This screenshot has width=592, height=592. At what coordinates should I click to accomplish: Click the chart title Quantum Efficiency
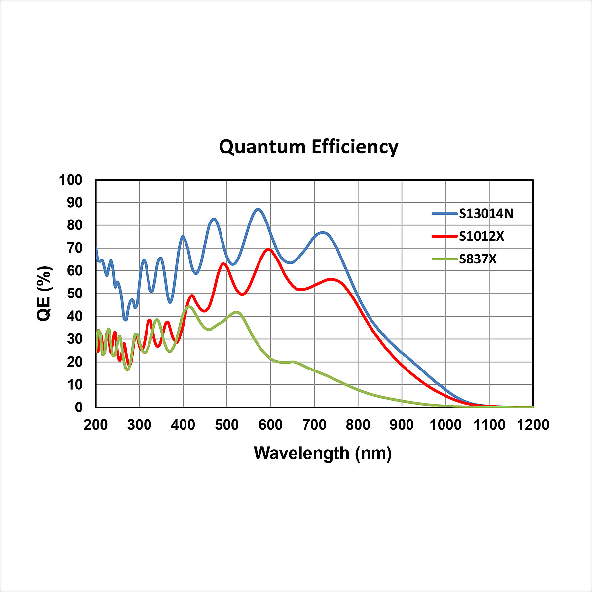[x=308, y=147]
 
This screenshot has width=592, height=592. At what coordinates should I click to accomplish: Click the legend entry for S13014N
[x=486, y=214]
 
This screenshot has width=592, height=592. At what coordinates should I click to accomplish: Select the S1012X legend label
[x=481, y=236]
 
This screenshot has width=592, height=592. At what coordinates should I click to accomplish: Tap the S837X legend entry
[x=478, y=259]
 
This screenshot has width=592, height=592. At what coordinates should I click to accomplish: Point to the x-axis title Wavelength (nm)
[x=323, y=452]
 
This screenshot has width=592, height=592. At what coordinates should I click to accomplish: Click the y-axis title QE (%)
[x=45, y=293]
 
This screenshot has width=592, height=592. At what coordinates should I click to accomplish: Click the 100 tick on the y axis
[x=71, y=180]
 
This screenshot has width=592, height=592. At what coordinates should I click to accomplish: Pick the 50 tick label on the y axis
[x=75, y=294]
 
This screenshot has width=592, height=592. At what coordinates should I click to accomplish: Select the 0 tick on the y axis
[x=79, y=407]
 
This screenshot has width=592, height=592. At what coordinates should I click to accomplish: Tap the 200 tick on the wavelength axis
[x=96, y=425]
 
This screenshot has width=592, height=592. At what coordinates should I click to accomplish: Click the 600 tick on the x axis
[x=270, y=425]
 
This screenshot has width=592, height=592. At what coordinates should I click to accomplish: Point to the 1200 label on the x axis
[x=533, y=425]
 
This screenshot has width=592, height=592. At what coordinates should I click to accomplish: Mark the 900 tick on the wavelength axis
[x=402, y=425]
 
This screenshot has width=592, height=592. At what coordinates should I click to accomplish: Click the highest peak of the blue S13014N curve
[x=258, y=209]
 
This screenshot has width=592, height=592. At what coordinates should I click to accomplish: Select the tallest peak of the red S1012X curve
[x=268, y=249]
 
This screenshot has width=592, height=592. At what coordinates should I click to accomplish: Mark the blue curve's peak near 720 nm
[x=323, y=232]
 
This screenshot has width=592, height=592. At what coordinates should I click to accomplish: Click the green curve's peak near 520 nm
[x=237, y=312]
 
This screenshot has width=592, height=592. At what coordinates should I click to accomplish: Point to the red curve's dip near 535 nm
[x=242, y=294]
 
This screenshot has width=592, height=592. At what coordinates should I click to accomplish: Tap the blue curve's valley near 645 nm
[x=290, y=262]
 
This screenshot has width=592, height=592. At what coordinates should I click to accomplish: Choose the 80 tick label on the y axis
[x=75, y=225]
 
